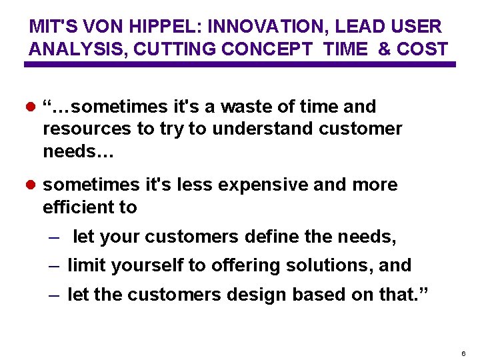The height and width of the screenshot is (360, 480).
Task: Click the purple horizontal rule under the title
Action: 240,65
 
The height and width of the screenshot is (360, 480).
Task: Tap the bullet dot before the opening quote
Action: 31,107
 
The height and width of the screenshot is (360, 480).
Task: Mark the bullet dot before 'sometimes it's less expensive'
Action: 31,185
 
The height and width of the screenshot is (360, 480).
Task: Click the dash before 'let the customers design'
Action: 55,295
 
